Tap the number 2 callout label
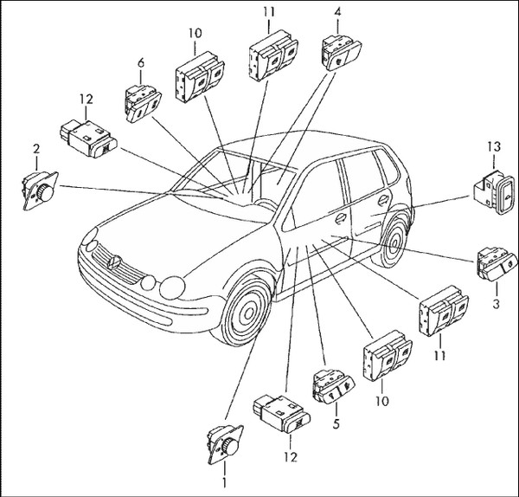click(36, 149)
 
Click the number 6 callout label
click(139, 62)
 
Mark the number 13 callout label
click(490, 149)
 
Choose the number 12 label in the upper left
click(83, 100)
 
